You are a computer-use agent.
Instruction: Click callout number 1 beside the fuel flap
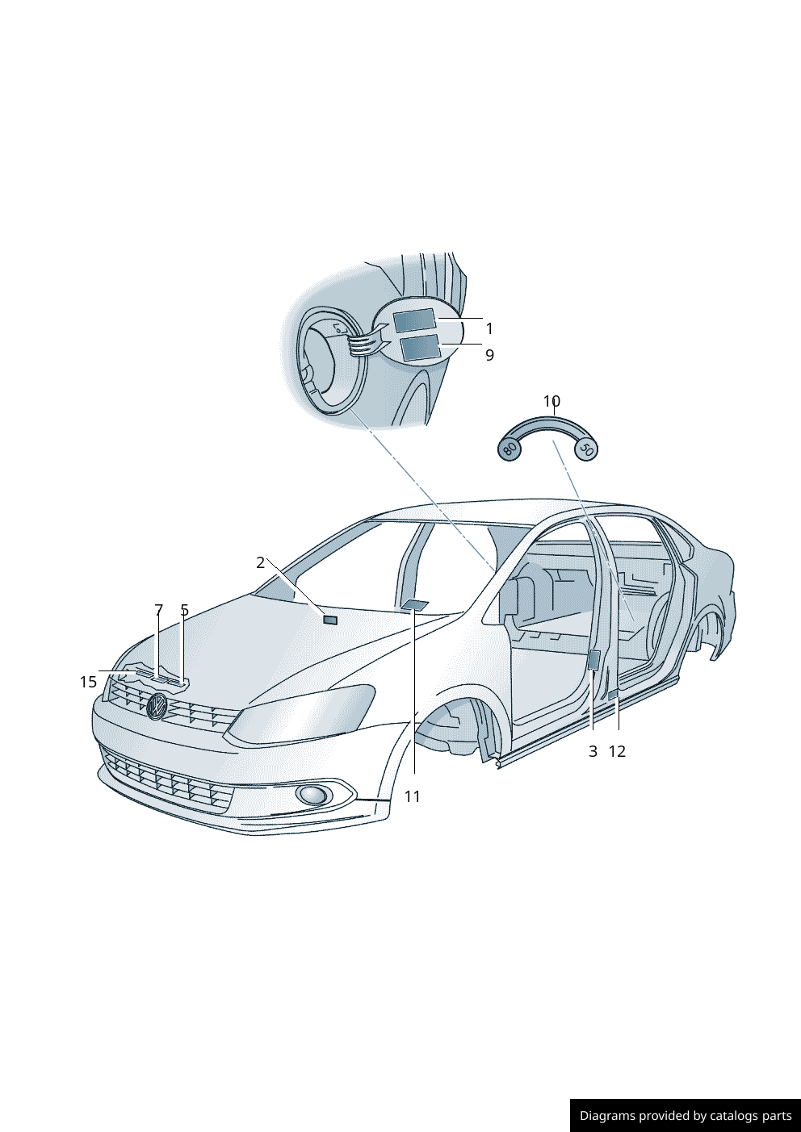pos(489,329)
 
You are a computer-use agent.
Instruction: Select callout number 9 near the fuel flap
pos(489,355)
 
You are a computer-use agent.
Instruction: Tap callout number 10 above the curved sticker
pos(551,401)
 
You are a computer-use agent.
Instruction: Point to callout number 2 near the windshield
pos(261,562)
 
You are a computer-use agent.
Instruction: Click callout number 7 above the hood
pos(159,610)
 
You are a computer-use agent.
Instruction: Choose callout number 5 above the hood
pos(185,610)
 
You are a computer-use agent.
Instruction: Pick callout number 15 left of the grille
pos(88,683)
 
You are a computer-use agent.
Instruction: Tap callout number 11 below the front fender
pos(413,797)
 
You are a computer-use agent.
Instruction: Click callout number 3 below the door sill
pos(593,751)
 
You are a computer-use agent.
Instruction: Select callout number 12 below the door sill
pos(617,751)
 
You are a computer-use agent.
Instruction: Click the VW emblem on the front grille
pos(157,706)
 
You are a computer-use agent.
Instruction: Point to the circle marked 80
pos(510,449)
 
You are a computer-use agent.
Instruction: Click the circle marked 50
pos(586,449)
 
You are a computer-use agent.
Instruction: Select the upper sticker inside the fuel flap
pos(415,320)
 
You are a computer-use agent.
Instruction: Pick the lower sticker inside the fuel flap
pos(420,347)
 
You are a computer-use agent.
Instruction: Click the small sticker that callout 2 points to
pos(330,620)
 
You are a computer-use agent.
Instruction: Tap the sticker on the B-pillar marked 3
pos(594,660)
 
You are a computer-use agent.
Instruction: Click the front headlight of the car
pos(302,713)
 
